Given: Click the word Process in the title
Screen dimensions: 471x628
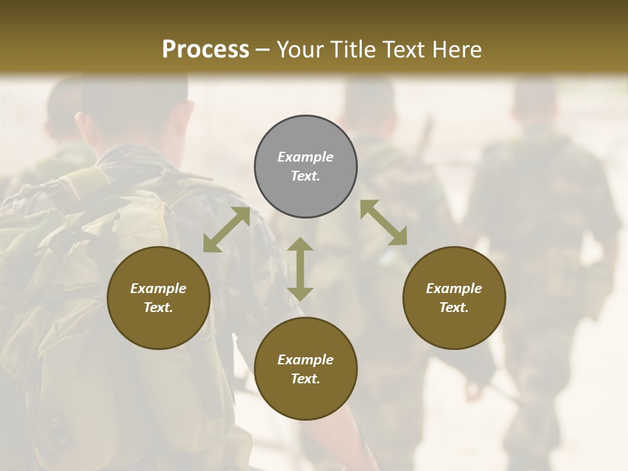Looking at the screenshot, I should pos(205,50).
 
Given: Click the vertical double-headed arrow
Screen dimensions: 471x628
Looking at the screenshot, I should pos(300,269).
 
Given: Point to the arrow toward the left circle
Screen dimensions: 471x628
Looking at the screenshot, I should pos(226,230).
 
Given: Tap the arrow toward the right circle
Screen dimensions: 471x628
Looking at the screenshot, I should pos(383,222).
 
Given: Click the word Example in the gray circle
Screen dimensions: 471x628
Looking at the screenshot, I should pos(305,157).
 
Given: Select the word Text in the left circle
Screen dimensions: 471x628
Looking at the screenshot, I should pos(158,307).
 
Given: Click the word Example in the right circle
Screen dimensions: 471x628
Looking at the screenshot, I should pos(454,288).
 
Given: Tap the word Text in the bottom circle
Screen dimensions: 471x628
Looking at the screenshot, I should pos(305,379).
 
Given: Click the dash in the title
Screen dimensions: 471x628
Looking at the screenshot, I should pos(262,50).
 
